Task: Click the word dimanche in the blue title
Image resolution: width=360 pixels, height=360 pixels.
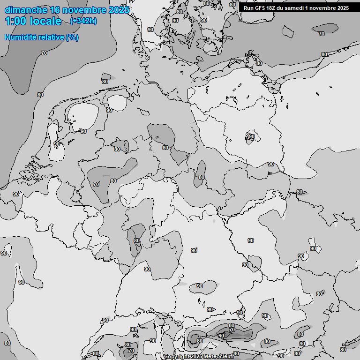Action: point(26,10)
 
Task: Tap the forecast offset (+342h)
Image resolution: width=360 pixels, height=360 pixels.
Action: point(83,21)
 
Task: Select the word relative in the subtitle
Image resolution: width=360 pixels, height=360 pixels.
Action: point(52,37)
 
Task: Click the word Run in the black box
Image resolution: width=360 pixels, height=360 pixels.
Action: point(249,8)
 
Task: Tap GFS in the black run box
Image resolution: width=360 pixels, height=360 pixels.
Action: point(261,8)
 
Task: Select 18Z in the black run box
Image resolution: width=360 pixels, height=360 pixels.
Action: point(273,8)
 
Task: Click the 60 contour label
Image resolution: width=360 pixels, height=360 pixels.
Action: point(221,336)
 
